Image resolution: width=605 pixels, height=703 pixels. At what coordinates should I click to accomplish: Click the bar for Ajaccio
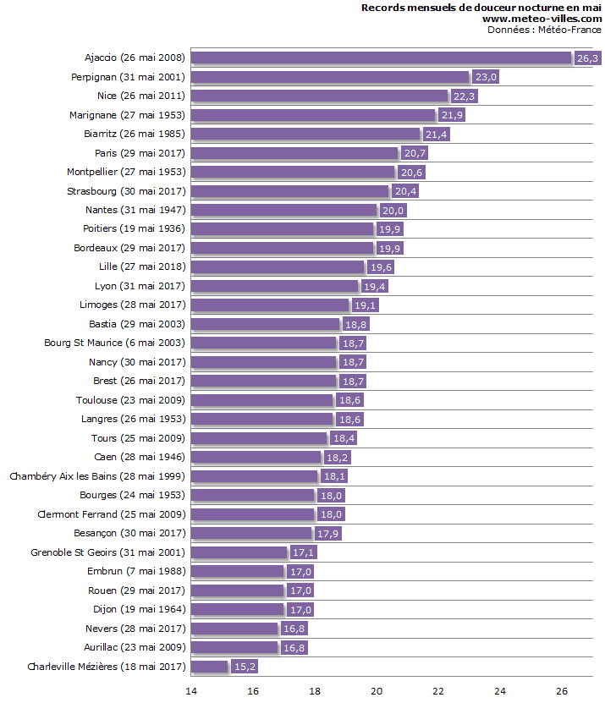click(x=381, y=58)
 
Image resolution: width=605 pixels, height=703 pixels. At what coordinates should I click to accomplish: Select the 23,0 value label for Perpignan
click(x=486, y=77)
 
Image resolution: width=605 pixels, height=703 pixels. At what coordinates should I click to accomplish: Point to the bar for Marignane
click(x=313, y=115)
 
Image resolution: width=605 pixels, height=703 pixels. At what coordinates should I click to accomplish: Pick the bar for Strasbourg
click(x=289, y=191)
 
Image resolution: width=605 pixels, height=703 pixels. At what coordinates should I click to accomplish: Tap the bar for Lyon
click(x=274, y=286)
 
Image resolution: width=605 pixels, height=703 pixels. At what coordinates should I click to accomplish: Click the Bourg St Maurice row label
click(x=114, y=343)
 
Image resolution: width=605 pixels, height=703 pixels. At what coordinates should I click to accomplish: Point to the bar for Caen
click(x=256, y=457)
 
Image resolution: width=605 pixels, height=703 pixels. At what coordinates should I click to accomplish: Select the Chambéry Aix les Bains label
click(x=97, y=476)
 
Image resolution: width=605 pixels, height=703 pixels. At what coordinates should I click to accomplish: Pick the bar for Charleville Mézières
click(x=210, y=667)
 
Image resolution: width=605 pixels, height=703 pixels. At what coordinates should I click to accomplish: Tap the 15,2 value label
click(x=245, y=667)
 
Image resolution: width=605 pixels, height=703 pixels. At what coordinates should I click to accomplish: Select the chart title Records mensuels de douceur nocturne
click(x=481, y=8)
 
